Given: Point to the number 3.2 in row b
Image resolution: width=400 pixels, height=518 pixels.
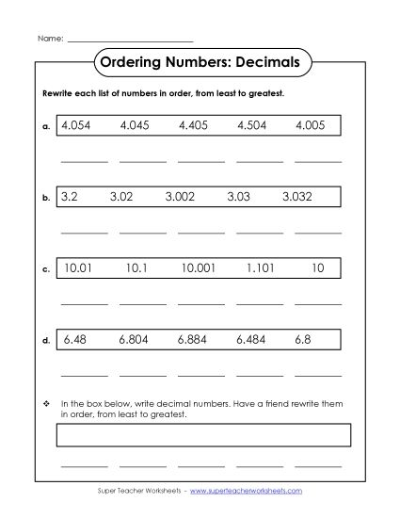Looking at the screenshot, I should (x=69, y=198).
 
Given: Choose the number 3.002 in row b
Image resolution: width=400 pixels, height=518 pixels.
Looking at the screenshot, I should (x=182, y=198).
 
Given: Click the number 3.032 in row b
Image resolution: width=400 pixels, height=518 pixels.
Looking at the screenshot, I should (x=301, y=198).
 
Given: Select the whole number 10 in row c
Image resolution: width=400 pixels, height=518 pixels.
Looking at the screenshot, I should (x=317, y=268).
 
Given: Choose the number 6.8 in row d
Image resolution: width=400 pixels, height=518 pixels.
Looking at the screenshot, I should (x=302, y=339).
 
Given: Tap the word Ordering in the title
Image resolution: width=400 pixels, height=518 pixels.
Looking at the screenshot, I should (x=130, y=62).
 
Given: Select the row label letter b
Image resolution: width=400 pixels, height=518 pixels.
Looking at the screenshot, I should (x=46, y=200).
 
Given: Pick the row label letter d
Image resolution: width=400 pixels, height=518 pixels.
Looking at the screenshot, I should (x=46, y=341).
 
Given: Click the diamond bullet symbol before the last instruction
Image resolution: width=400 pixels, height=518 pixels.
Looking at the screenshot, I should (x=46, y=403).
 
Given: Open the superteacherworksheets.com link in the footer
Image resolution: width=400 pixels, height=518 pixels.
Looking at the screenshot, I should (x=253, y=492).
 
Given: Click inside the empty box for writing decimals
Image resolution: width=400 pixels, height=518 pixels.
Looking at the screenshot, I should (x=204, y=433).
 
